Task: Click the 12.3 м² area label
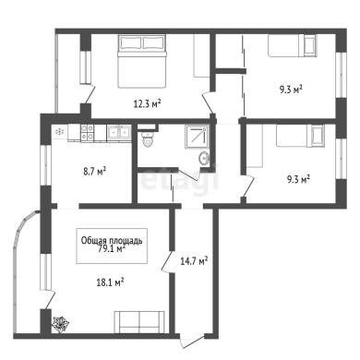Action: (148, 104)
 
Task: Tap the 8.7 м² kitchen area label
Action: (95, 171)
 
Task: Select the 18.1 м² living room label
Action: (110, 282)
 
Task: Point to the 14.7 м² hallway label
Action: (194, 261)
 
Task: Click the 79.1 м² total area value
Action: (111, 248)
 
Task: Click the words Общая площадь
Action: (112, 240)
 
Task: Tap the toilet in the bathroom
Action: (148, 139)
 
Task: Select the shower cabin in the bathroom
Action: (197, 135)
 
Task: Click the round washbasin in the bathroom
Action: (204, 159)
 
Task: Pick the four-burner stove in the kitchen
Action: (87, 132)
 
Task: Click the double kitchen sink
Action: (118, 132)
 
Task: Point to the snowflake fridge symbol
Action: (59, 132)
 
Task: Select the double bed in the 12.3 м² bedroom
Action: (142, 62)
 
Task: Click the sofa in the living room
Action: (139, 322)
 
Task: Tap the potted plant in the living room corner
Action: (60, 325)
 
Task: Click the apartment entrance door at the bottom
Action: (191, 341)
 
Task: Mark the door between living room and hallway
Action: (167, 261)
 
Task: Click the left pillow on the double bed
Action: (131, 42)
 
